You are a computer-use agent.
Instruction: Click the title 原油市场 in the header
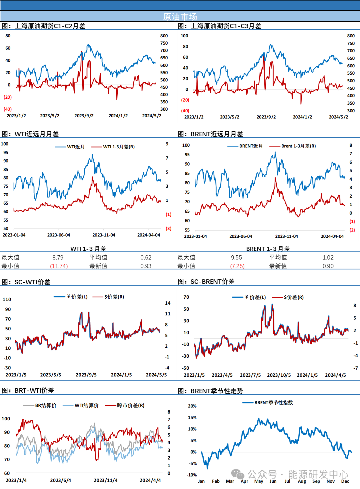pyautogui.click(x=180, y=16)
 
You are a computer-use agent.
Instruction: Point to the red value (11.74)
pyautogui.click(x=59, y=266)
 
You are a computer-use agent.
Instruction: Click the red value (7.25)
pyautogui.click(x=237, y=266)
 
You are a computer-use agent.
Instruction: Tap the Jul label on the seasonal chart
pyautogui.click(x=287, y=481)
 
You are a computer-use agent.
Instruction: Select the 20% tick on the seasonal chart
pyautogui.click(x=192, y=406)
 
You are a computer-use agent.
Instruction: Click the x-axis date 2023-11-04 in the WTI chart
pyautogui.click(x=104, y=235)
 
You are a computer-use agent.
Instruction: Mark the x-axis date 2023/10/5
pyautogui.click(x=279, y=375)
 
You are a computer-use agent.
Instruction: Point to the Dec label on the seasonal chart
pyautogui.click(x=345, y=481)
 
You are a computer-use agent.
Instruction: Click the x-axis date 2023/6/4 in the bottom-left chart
pyautogui.click(x=60, y=480)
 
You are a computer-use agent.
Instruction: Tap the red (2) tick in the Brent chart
pyautogui.click(x=352, y=230)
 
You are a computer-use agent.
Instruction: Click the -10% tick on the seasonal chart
pyautogui.click(x=192, y=475)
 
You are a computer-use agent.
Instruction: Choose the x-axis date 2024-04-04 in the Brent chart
pyautogui.click(x=332, y=236)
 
